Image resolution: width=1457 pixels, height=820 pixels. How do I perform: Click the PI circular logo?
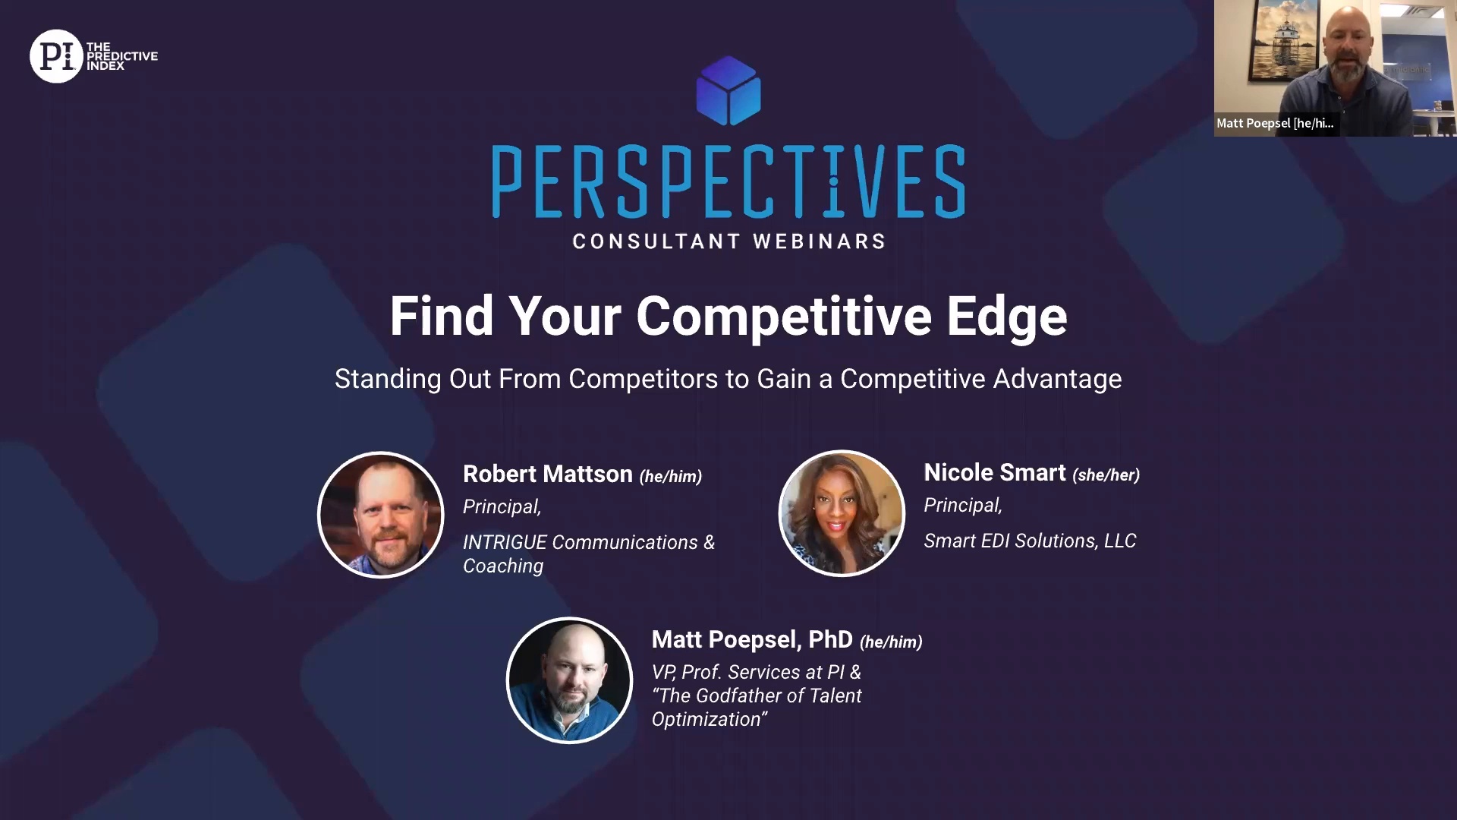pyautogui.click(x=56, y=56)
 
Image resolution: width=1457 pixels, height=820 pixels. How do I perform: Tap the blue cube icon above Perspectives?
pyautogui.click(x=728, y=90)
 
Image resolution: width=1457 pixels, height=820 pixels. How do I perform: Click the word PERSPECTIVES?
pyautogui.click(x=728, y=181)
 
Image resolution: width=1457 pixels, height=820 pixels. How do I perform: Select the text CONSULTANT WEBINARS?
pyautogui.click(x=728, y=241)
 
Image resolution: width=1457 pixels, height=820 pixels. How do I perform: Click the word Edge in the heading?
pyautogui.click(x=1006, y=317)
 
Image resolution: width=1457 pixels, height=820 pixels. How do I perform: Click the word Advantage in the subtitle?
pyautogui.click(x=1057, y=379)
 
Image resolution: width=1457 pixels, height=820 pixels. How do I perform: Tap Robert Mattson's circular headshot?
pyautogui.click(x=381, y=515)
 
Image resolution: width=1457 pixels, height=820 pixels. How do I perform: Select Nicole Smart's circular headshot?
pyautogui.click(x=842, y=513)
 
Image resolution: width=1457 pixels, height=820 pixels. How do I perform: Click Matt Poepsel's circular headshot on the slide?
pyautogui.click(x=569, y=680)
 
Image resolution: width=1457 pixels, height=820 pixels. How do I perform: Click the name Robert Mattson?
pyautogui.click(x=548, y=474)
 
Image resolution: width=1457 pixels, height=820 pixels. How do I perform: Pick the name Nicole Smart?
pyautogui.click(x=995, y=472)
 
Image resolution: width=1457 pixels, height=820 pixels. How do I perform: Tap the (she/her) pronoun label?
pyautogui.click(x=1106, y=475)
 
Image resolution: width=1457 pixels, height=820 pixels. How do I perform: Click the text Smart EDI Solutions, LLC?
pyautogui.click(x=1030, y=541)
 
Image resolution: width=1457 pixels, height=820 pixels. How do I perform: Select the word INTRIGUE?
pyautogui.click(x=505, y=542)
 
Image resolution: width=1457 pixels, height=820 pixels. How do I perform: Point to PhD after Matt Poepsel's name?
pyautogui.click(x=830, y=639)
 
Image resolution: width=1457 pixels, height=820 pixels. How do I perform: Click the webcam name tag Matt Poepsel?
pyautogui.click(x=1275, y=123)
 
